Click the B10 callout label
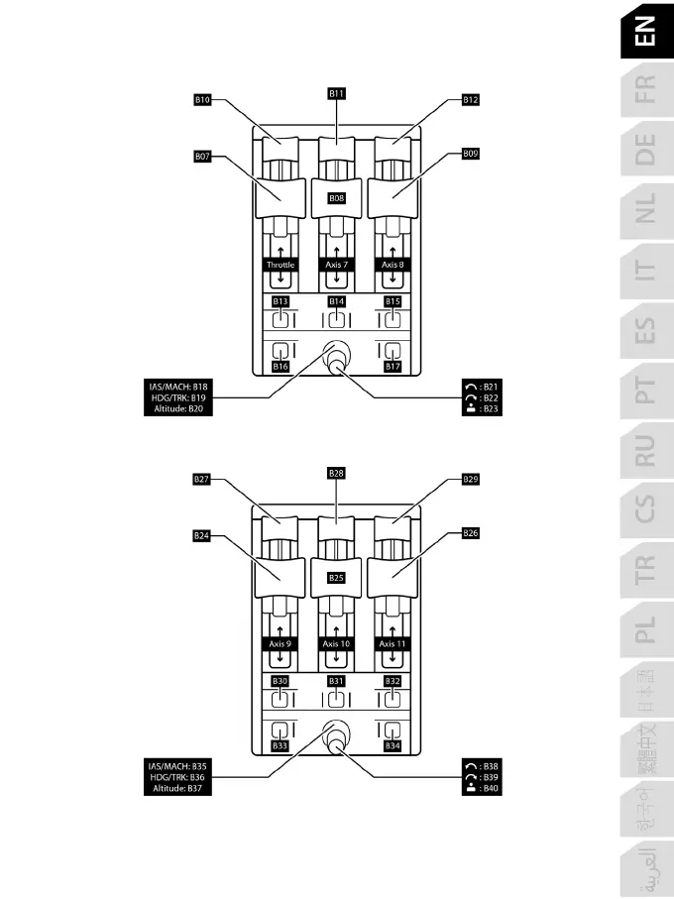(202, 100)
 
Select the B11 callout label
(337, 92)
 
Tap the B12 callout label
(471, 100)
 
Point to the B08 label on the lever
(337, 198)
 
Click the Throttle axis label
(281, 266)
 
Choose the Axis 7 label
(337, 266)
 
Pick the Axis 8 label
(393, 266)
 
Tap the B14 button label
(337, 300)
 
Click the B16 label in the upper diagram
(281, 367)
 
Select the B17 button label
(393, 367)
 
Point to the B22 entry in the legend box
(485, 397)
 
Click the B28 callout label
(337, 473)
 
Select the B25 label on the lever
(337, 577)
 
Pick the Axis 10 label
(337, 644)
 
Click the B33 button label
(281, 745)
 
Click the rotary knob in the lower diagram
(338, 736)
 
